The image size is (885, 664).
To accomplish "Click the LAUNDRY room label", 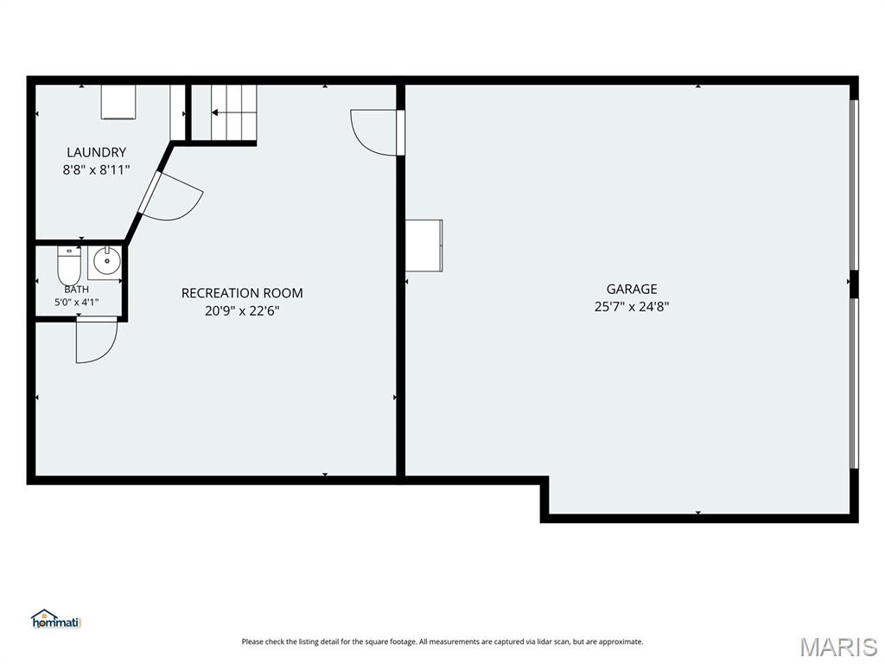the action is pos(97,152).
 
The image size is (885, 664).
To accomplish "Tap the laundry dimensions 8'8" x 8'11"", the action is pos(97,169).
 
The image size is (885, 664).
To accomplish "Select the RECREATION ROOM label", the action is pos(242,293).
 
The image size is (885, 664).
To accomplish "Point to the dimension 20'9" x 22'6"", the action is pos(242,310).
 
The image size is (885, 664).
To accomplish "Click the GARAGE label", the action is pos(632,289).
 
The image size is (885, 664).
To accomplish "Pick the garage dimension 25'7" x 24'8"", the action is pos(632,307).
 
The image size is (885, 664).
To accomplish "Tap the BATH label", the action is pos(76,290).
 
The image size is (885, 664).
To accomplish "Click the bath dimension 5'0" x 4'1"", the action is pos(77,302).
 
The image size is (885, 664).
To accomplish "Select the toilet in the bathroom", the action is pos(69,266).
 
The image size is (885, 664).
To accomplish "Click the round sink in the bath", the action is pos(106,261).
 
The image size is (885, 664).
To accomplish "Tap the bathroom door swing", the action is pos(97,339).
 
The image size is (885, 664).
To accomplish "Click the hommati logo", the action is pos(57,619).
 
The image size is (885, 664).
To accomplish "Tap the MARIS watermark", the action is pos(838,647).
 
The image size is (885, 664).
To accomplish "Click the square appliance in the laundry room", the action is pos(118,102).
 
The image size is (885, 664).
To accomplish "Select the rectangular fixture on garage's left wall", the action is pos(423,246).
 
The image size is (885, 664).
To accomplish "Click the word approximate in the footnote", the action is pos(621,642).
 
